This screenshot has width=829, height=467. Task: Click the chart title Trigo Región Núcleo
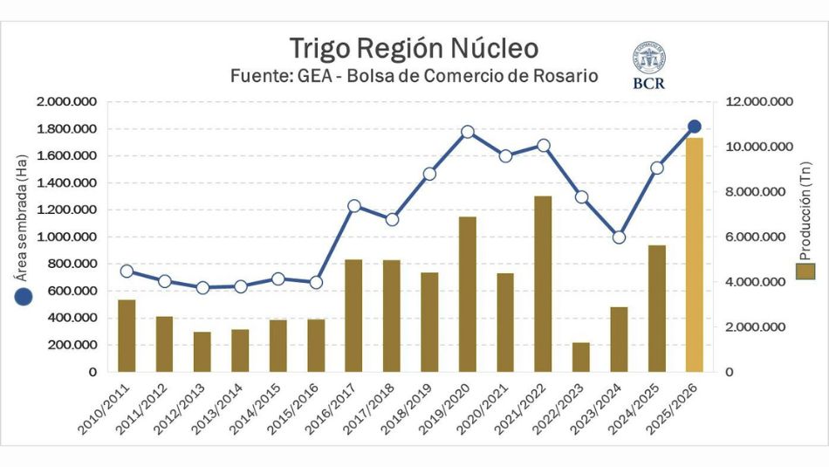click(414, 47)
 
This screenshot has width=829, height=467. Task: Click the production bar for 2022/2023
click(581, 357)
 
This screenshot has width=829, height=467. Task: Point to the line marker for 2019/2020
click(468, 132)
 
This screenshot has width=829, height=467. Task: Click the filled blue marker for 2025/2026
click(695, 127)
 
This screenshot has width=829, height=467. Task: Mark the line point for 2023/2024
click(619, 237)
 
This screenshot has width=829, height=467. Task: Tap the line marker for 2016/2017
click(354, 206)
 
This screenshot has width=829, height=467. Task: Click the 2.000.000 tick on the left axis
click(67, 102)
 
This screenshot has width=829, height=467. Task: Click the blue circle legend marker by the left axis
click(24, 297)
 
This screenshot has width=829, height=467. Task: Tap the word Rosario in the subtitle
click(565, 76)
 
